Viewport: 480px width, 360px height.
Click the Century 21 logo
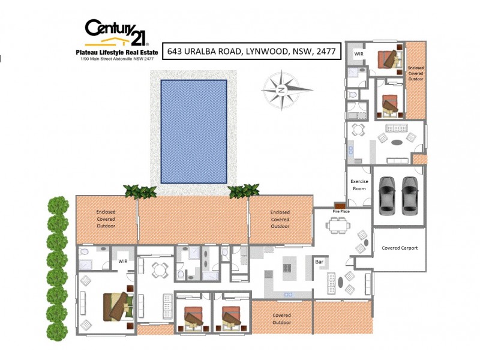click(x=116, y=33)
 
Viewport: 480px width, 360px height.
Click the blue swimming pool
click(x=194, y=131)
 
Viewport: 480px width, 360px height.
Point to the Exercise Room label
click(x=359, y=185)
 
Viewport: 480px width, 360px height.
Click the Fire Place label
click(x=341, y=212)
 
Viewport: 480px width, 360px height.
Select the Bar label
click(x=320, y=262)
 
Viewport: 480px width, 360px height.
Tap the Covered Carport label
click(x=400, y=248)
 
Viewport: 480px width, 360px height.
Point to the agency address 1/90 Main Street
click(x=118, y=59)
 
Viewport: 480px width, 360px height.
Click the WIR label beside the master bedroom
click(x=123, y=261)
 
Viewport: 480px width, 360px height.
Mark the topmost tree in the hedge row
click(x=58, y=205)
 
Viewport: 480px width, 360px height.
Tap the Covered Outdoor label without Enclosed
click(x=281, y=319)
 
